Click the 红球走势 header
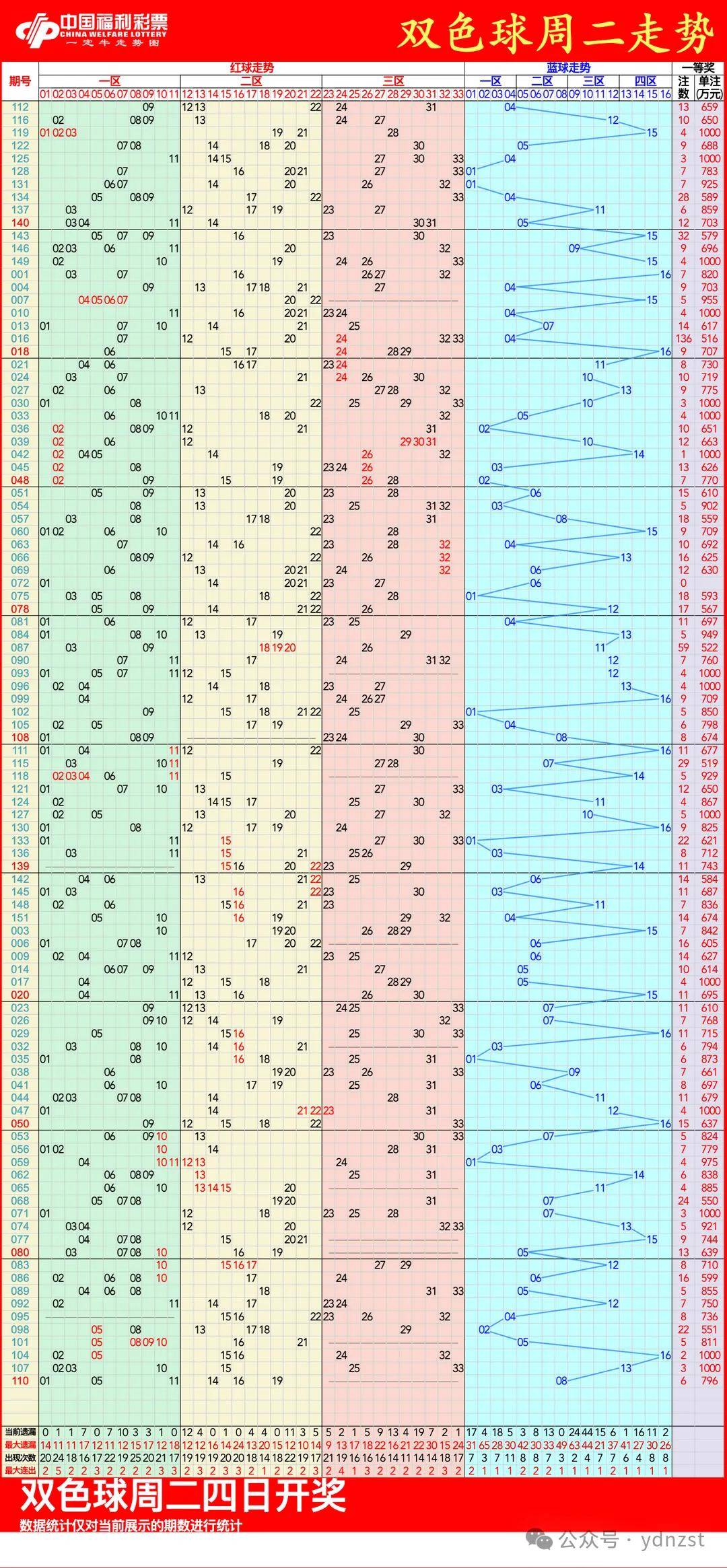252,67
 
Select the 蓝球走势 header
568,67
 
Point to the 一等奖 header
698,67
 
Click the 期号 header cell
20,81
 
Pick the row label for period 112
20,107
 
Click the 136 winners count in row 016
684,338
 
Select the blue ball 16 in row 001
665,275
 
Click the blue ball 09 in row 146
574,248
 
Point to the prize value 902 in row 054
709,506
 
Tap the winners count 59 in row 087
684,647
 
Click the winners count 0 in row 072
684,583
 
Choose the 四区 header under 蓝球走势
646,81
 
